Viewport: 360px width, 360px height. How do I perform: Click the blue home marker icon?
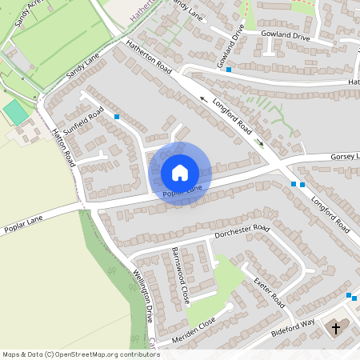click(x=179, y=172)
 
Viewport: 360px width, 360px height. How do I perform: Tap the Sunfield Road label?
click(x=85, y=124)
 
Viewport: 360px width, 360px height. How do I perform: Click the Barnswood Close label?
click(x=179, y=274)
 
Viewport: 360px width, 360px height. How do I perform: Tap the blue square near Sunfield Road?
click(x=118, y=117)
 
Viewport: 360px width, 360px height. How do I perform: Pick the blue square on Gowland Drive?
click(x=229, y=70)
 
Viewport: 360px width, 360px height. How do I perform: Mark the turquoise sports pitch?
click(x=14, y=113)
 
